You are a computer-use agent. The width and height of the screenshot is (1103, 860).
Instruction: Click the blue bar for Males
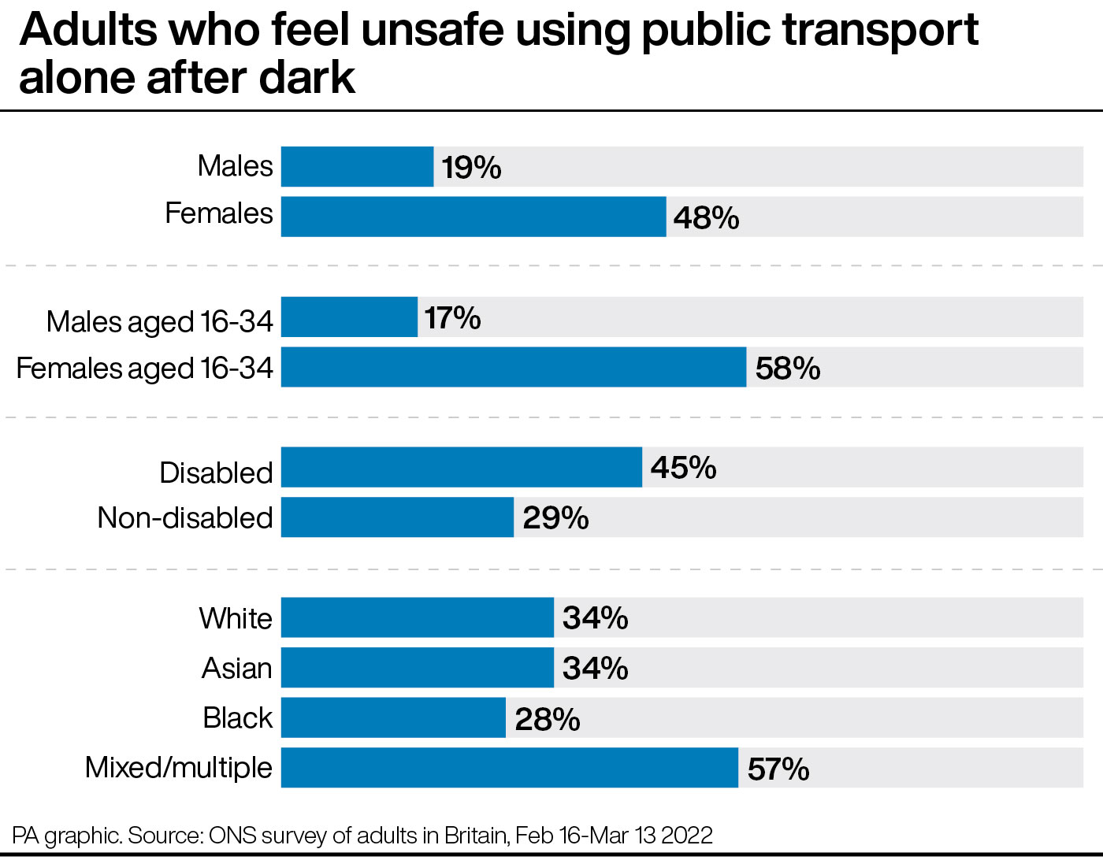[358, 166]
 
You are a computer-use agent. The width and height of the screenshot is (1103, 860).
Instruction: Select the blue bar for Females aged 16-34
[514, 367]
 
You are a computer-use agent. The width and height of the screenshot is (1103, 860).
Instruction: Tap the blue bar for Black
[393, 717]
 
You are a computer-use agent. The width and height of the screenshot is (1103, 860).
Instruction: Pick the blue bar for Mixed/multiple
[510, 768]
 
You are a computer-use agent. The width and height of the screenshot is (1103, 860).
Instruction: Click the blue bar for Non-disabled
[397, 517]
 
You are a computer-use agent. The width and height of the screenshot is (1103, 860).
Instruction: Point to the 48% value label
[706, 219]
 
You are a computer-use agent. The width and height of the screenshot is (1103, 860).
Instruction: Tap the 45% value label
[683, 467]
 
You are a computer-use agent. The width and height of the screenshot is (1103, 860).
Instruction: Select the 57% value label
[778, 769]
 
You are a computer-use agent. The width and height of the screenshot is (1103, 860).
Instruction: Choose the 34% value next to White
[596, 618]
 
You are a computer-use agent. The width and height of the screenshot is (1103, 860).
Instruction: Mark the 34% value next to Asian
[596, 668]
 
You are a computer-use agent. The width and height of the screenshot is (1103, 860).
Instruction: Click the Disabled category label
[216, 473]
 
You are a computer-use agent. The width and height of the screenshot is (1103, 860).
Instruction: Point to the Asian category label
[237, 668]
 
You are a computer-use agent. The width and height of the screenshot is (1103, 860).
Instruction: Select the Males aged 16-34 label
[160, 321]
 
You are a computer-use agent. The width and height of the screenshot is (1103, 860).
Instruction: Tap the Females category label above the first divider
[219, 213]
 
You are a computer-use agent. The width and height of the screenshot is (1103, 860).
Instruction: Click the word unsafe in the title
[433, 29]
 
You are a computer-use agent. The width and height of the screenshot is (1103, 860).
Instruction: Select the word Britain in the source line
[477, 836]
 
